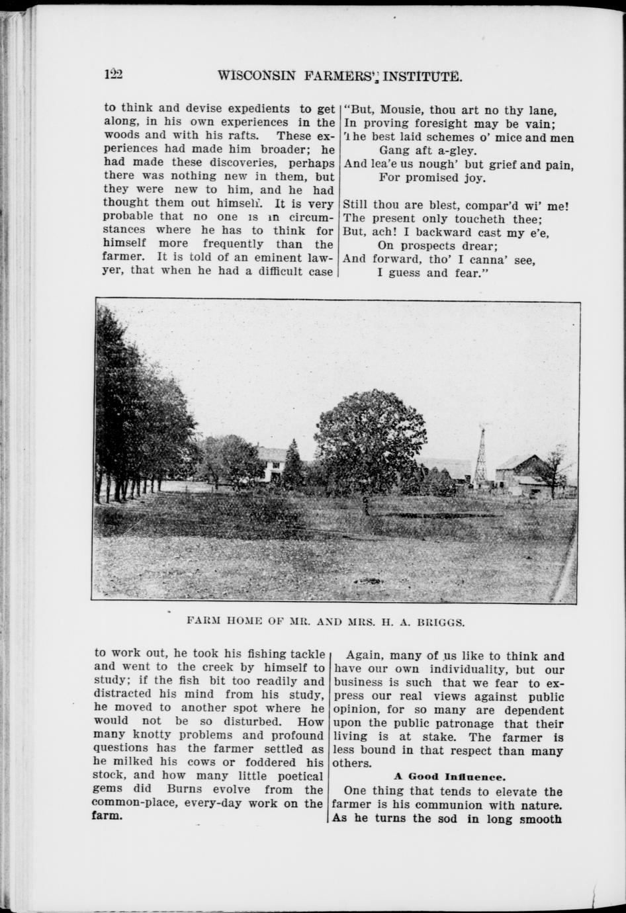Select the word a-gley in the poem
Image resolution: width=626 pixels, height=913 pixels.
[x=457, y=151]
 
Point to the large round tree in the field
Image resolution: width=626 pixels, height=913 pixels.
[x=362, y=443]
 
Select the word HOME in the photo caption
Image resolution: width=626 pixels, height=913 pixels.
[x=236, y=623]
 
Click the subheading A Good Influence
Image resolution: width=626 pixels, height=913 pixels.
[x=449, y=777]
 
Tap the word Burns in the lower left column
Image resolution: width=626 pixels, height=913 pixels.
[x=185, y=789]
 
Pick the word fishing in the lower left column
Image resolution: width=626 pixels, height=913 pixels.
[x=247, y=654]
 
